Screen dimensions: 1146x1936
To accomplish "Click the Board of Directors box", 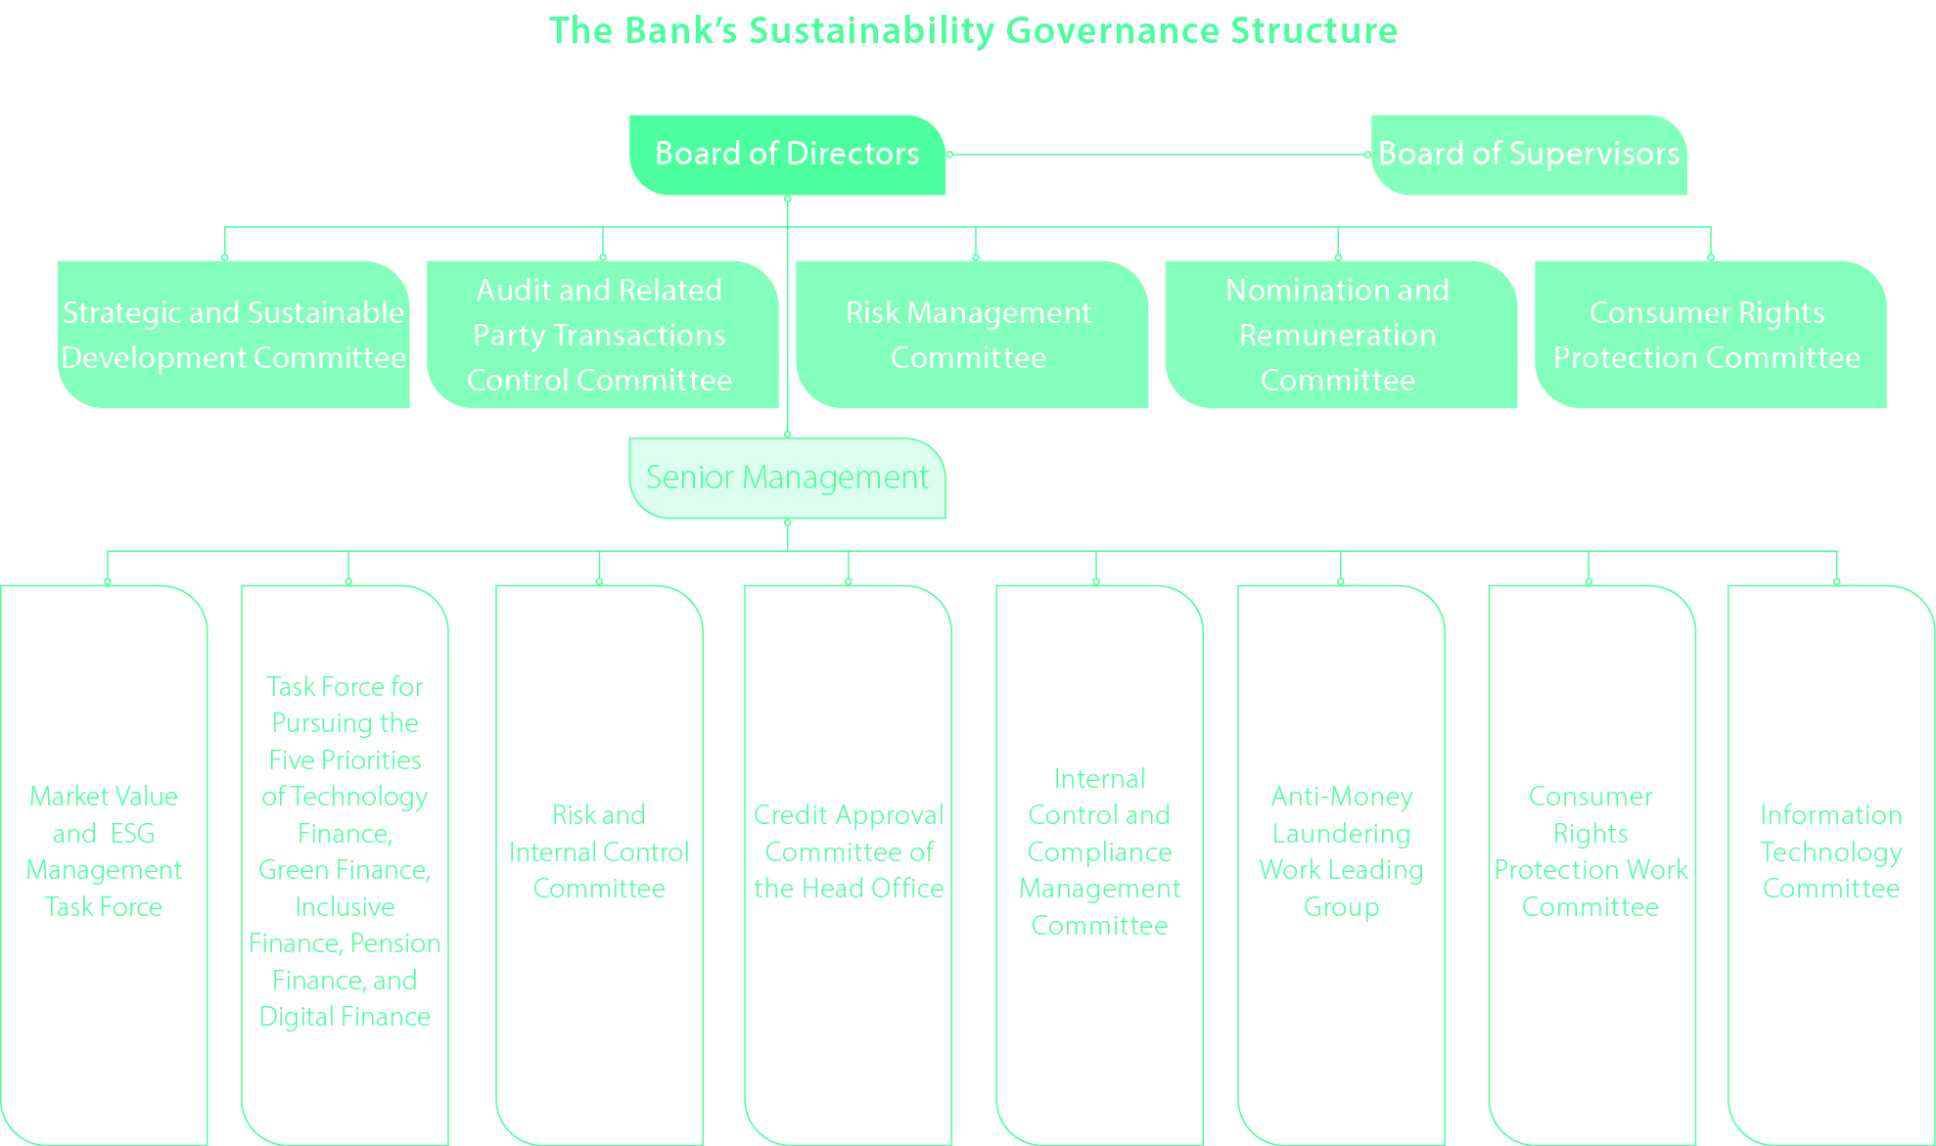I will [787, 155].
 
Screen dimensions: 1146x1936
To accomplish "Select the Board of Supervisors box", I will [1528, 155].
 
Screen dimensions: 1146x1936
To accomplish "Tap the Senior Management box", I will [787, 478].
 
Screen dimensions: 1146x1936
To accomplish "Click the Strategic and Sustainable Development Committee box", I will [233, 335].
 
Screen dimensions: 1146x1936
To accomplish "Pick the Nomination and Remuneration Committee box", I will [1338, 335].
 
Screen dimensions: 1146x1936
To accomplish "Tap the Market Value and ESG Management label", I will [104, 851].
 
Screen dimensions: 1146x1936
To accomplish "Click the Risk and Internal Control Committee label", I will [599, 851].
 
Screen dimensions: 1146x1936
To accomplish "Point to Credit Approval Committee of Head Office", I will [849, 851].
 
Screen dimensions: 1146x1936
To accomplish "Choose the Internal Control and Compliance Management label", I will [1099, 851].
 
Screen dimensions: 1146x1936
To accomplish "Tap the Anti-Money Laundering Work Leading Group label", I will [1341, 851].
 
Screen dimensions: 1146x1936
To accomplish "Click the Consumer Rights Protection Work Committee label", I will [1590, 851].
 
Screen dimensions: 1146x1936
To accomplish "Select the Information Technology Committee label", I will [1830, 851].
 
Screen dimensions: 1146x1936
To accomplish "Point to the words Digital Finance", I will [345, 1017].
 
